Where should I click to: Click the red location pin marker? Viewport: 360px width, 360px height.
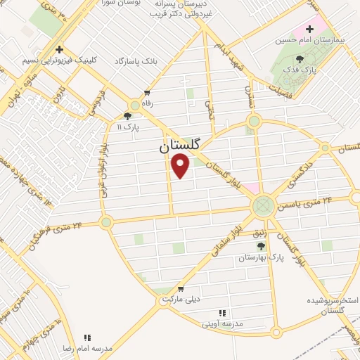[181, 166]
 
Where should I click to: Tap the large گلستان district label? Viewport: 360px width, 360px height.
[179, 146]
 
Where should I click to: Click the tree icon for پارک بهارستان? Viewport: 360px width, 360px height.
[262, 246]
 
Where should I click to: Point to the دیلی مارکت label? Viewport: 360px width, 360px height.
[181, 300]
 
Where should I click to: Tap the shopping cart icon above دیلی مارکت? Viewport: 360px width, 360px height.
[181, 289]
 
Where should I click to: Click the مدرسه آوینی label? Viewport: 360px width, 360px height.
[221, 323]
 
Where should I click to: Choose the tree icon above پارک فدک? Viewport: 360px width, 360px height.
[300, 59]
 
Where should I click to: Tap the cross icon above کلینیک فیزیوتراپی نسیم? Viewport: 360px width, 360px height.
[60, 50]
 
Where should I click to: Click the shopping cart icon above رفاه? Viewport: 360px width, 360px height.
[146, 92]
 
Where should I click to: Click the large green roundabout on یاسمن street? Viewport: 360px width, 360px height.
[263, 206]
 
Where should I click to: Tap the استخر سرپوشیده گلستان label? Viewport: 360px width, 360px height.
[326, 305]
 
